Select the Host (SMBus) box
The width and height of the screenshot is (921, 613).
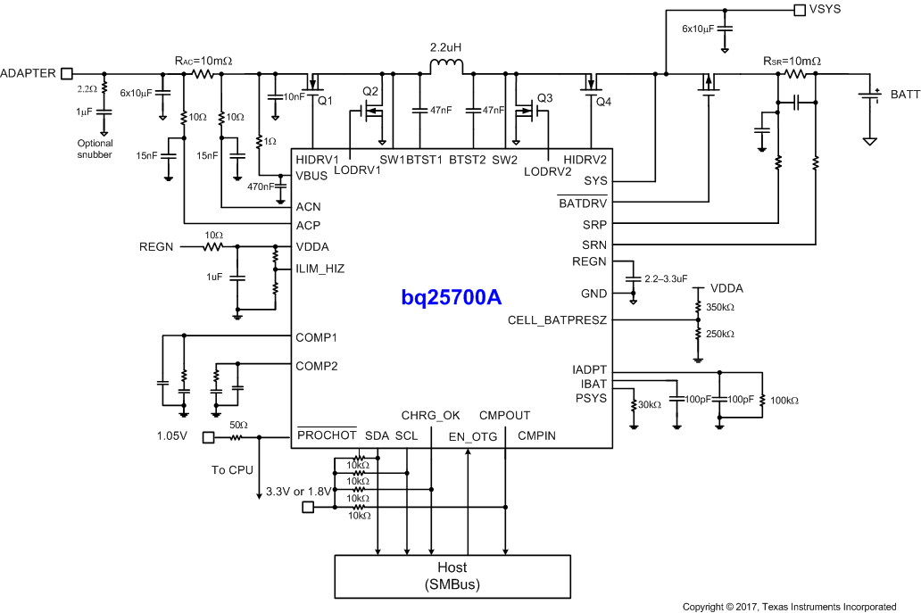pos(452,576)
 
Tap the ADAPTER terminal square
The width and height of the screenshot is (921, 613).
pos(66,73)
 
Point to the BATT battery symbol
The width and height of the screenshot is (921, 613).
pos(870,94)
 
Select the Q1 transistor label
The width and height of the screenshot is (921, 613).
pos(325,101)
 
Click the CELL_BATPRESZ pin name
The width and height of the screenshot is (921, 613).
pos(557,319)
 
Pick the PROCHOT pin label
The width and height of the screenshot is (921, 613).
pos(326,435)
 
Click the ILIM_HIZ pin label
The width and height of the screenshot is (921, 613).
pos(319,268)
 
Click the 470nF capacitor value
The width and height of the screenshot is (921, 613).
pos(261,187)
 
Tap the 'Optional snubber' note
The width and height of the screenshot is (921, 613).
pos(95,148)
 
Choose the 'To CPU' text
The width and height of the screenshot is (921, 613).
pos(231,469)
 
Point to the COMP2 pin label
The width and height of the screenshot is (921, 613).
pos(317,365)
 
